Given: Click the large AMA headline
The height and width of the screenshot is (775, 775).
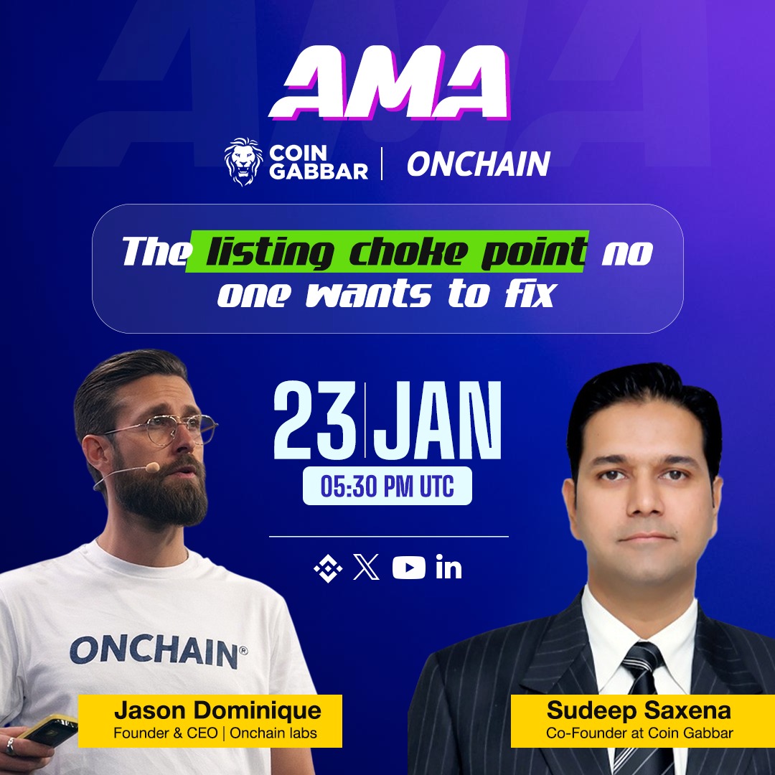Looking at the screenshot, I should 388,87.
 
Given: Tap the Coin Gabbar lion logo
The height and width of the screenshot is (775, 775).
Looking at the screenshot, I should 243,162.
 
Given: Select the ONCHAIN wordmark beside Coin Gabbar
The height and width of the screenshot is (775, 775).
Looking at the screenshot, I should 478,164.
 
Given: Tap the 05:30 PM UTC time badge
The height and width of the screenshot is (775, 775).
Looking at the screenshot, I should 387,486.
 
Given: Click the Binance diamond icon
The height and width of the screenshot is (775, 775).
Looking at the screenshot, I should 328,569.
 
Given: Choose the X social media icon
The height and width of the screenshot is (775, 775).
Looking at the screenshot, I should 367,568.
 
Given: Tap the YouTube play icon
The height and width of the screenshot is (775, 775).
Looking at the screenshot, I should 408,568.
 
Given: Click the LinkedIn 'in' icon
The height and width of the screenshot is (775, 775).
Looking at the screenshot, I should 448,569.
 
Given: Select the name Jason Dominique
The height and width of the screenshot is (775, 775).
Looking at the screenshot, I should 217,711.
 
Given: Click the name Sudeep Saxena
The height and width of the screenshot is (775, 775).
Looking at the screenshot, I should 638,711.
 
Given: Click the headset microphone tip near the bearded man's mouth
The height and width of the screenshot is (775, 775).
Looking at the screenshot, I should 151,467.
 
